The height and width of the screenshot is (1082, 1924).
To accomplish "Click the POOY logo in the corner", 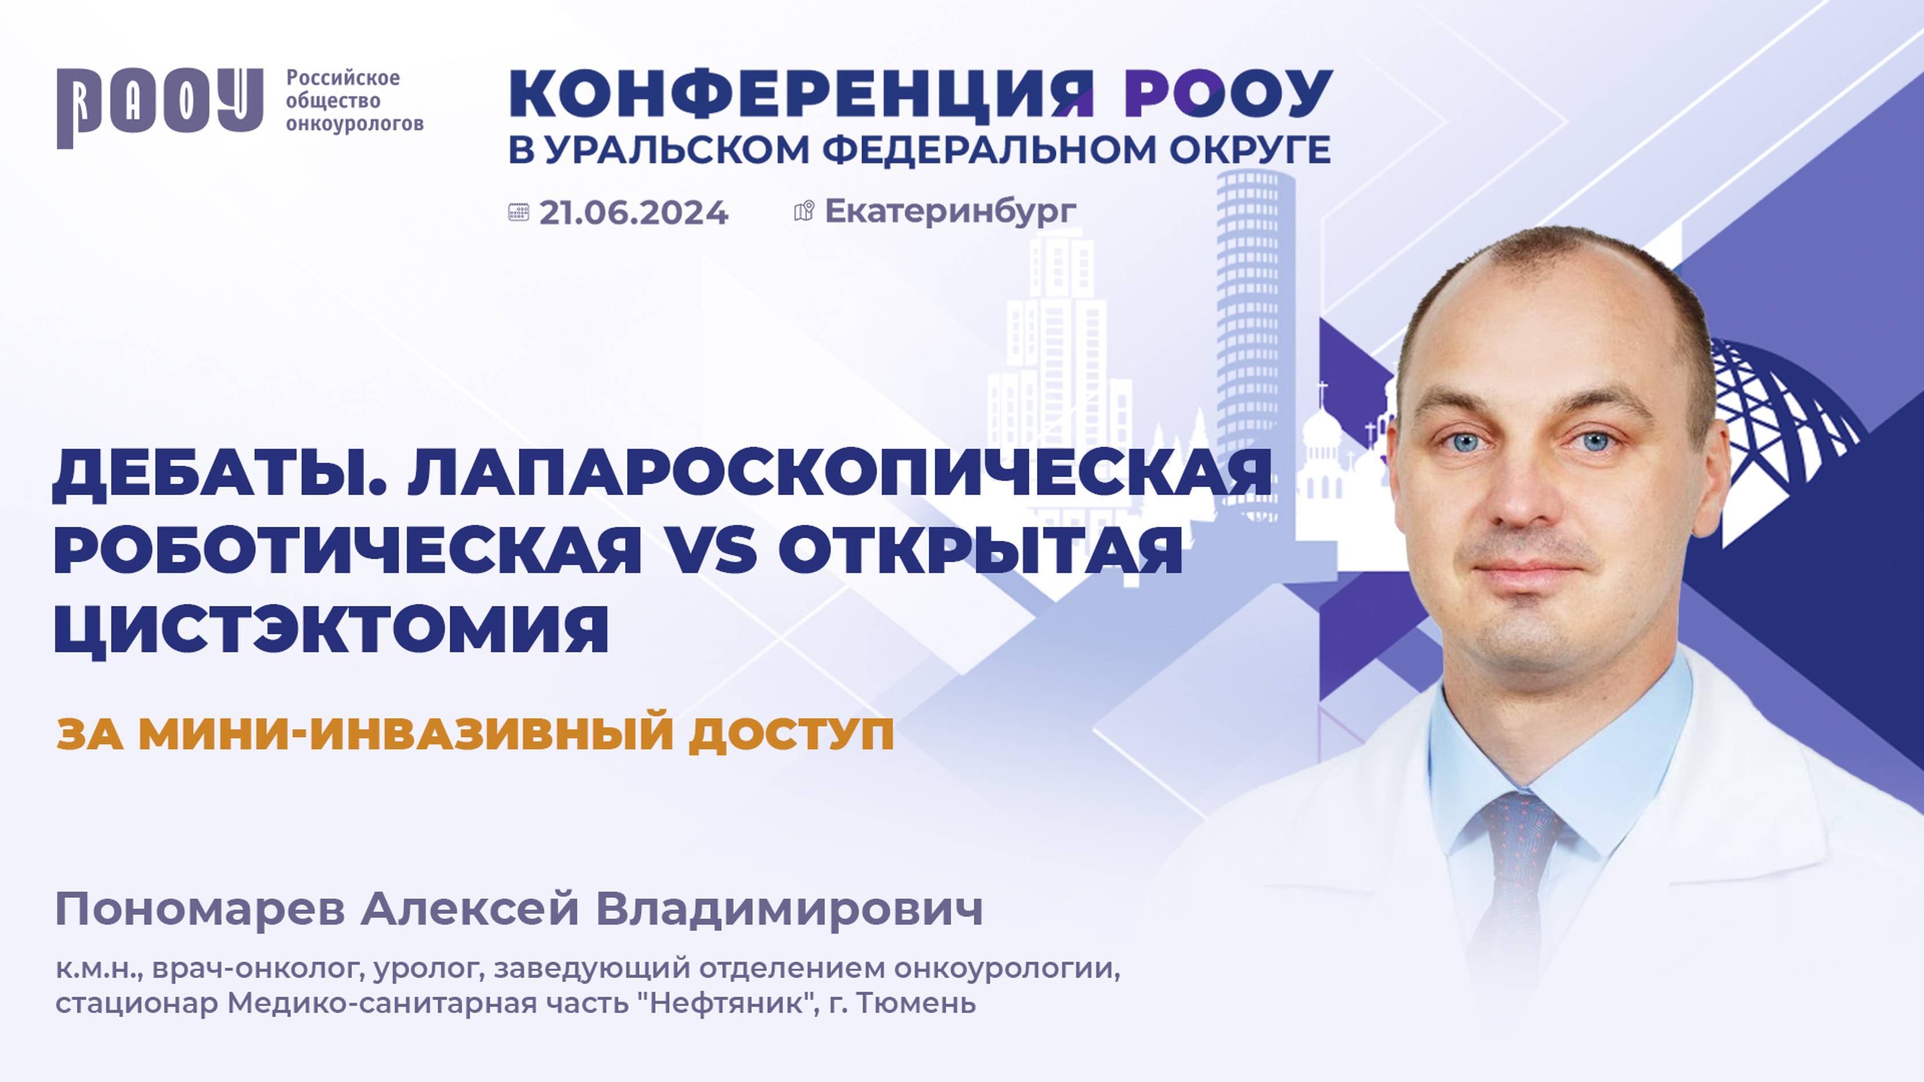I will (x=159, y=107).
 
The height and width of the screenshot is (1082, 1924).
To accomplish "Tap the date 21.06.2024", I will (x=633, y=213).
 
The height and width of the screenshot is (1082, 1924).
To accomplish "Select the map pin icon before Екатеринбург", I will (x=803, y=211).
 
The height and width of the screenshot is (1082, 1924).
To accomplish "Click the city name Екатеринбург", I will (x=950, y=211).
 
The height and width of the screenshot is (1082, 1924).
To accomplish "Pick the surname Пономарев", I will (x=200, y=910).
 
